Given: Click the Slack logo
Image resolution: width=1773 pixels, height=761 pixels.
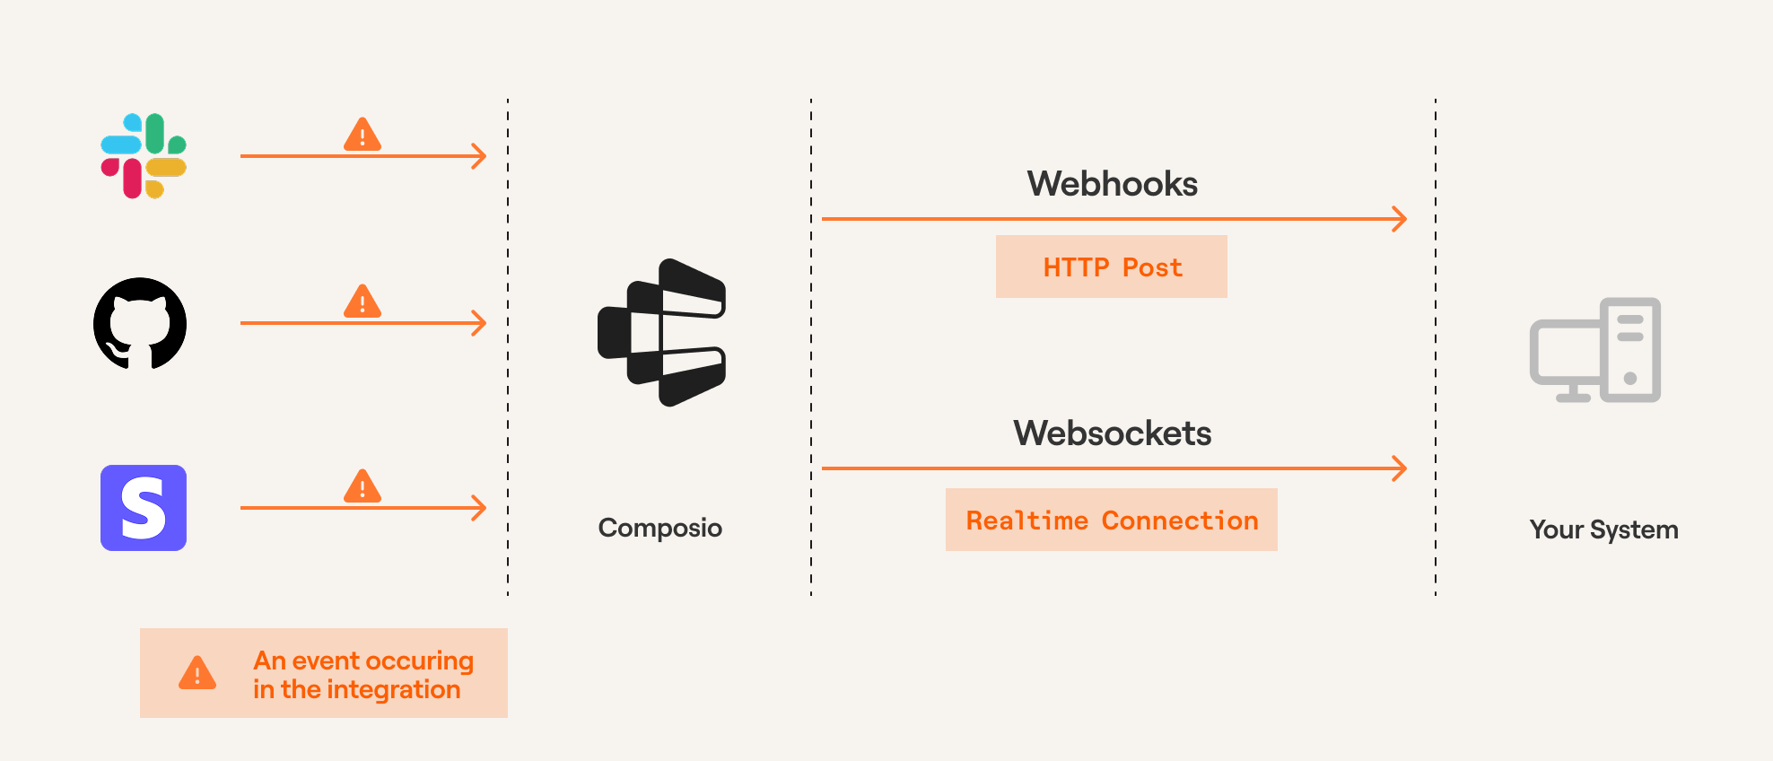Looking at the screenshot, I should pos(144,156).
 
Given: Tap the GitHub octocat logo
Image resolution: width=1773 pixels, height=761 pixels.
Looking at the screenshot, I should pos(140,324).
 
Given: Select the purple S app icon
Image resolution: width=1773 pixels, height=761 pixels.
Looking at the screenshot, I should pos(144,508).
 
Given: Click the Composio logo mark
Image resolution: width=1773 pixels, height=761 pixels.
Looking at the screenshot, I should pos(662,333).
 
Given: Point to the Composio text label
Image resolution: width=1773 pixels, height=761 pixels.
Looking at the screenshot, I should pos(659,528).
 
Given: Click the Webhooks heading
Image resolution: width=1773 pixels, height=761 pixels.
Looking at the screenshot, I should pos(1112,184).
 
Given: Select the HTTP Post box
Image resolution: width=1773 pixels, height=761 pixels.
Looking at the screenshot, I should pos(1112,267).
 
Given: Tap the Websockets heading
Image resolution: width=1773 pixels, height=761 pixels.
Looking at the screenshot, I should pos(1112,433).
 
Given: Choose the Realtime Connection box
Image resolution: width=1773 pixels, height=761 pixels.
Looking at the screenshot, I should pos(1112,520).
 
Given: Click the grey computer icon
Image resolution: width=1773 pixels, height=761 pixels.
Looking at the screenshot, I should pos(1595,351).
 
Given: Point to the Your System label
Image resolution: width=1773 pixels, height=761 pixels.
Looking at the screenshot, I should pos(1603,529).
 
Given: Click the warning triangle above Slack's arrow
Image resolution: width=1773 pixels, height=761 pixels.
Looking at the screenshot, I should pos(362,135).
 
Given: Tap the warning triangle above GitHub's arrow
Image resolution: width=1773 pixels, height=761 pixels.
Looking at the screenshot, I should pos(362,302).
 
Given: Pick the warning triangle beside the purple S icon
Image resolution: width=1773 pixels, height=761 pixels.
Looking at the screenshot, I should pos(362,486).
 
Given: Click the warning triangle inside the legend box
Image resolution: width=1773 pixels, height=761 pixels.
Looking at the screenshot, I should pos(197,673).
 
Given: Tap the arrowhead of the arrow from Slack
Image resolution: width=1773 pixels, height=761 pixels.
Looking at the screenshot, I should pos(480,156).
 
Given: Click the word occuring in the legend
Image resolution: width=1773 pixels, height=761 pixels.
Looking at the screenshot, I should pos(419,661).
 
